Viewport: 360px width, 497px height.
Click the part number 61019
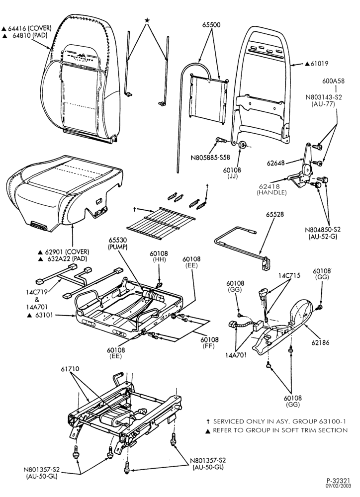(x=319, y=64)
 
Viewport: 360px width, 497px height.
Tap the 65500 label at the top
(x=211, y=25)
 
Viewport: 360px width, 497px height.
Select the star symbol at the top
(x=147, y=20)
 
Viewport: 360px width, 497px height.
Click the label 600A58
(x=333, y=81)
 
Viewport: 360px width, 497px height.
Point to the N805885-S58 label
(x=210, y=157)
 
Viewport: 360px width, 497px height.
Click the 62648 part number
(x=275, y=163)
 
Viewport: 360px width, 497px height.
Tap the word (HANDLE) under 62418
(x=272, y=192)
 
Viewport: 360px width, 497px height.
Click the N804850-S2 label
(x=323, y=230)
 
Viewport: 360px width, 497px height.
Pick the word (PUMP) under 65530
(x=118, y=247)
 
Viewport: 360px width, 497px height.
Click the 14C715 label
(x=289, y=275)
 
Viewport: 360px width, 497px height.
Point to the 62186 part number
(x=320, y=342)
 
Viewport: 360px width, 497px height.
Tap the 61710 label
(x=70, y=369)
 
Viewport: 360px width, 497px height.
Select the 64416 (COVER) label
(x=29, y=28)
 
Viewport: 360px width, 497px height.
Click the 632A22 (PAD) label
(x=62, y=259)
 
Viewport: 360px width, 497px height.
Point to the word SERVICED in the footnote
(x=229, y=421)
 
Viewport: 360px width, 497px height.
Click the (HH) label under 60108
(x=159, y=259)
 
